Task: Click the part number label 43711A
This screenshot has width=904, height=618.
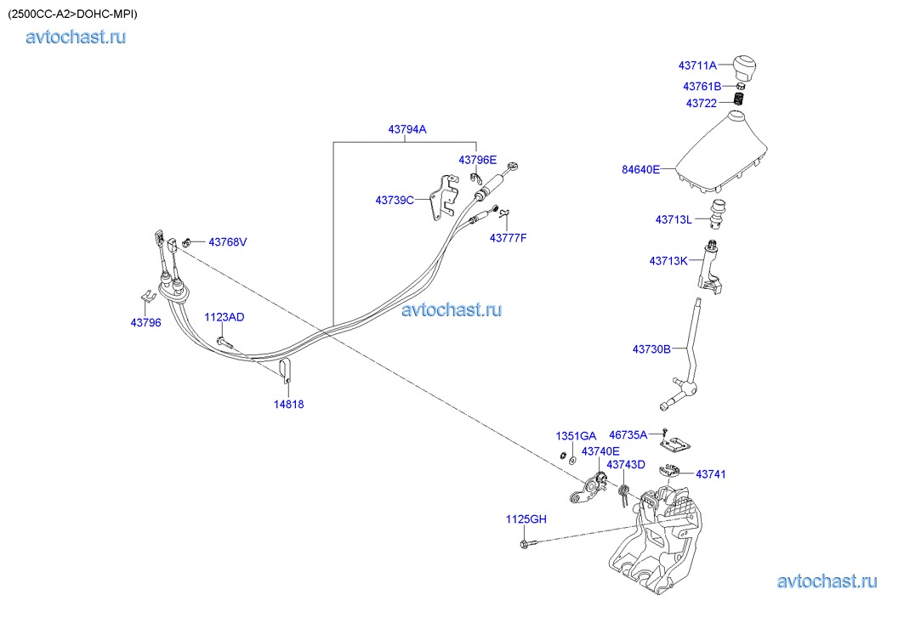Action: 697,65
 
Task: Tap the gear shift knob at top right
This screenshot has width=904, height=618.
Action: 745,65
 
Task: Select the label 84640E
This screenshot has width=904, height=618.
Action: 640,169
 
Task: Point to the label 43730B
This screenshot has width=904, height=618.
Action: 651,349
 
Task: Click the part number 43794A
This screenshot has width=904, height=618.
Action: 407,129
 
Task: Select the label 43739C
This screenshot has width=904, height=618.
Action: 395,201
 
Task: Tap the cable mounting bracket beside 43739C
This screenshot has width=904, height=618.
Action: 441,199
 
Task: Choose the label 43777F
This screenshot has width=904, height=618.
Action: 508,237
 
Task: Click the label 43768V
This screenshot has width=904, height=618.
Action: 227,242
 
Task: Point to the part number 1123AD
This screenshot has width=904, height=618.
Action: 224,317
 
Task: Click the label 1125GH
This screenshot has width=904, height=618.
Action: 526,519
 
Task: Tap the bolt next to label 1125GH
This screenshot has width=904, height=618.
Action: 530,541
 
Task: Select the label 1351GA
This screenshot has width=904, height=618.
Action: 576,436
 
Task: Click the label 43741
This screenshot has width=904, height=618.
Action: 711,473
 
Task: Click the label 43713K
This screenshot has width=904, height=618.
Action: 668,261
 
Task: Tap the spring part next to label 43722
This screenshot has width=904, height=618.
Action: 738,100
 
